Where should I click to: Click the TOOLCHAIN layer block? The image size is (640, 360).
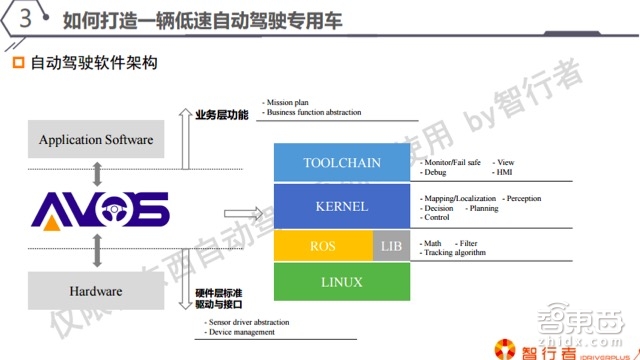pos(341,163)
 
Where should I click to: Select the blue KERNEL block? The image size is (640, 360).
pos(341,207)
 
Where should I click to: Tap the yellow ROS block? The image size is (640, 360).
pos(322,246)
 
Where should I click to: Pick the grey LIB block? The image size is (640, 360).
pos(390,246)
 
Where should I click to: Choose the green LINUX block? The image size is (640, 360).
pos(341,282)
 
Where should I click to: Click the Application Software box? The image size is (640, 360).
pos(96,139)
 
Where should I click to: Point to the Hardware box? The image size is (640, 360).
pos(96,291)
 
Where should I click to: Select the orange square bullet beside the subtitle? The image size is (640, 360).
pos(16,64)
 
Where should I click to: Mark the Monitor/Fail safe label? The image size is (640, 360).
pos(453,162)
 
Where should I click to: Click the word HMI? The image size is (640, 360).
pos(505,172)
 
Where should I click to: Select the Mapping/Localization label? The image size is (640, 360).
pos(458,199)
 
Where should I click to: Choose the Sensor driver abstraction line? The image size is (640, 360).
pos(250,323)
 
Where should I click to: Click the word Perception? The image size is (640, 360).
pos(524,199)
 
